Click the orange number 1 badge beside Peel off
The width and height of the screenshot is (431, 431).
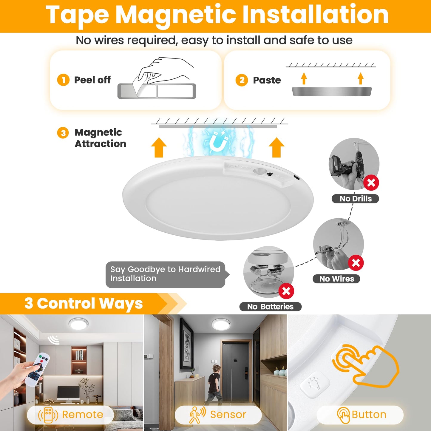click(63, 80)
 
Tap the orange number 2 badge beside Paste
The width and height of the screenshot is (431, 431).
click(242, 80)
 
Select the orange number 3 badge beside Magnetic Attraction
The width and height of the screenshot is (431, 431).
click(63, 133)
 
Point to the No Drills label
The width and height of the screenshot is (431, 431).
click(355, 199)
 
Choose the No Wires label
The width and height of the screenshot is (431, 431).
click(336, 279)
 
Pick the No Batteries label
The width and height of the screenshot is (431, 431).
click(270, 307)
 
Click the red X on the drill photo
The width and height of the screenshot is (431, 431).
click(371, 183)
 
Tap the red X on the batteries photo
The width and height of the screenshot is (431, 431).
click(286, 291)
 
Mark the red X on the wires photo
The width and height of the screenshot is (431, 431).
click(356, 263)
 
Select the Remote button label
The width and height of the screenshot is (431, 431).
click(70, 415)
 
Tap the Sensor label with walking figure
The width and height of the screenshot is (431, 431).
click(218, 415)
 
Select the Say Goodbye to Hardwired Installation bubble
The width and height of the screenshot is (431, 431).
click(166, 274)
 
